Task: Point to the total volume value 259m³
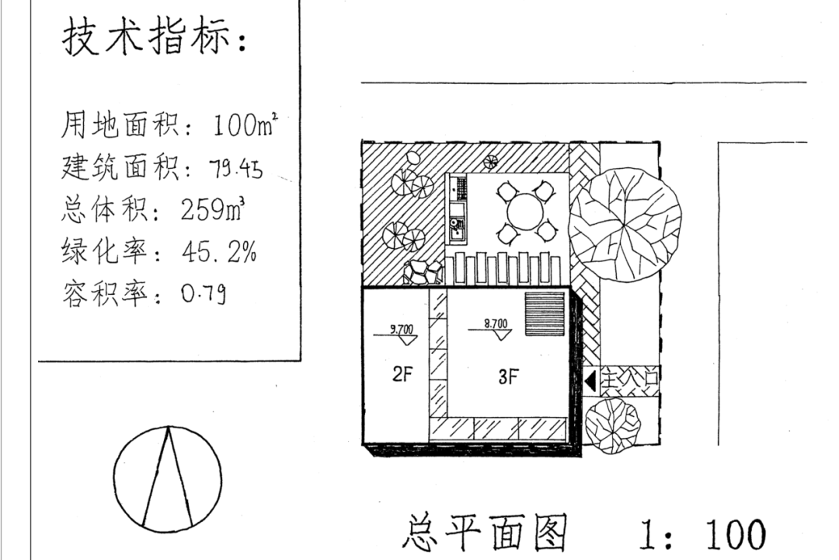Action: click(214, 210)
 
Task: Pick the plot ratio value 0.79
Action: click(204, 295)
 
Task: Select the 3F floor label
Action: click(508, 378)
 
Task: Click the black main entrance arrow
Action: click(590, 382)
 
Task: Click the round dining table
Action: click(525, 211)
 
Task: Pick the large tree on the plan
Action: click(625, 223)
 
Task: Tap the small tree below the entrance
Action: click(613, 425)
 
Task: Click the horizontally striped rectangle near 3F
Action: click(545, 314)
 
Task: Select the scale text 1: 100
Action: click(701, 535)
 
